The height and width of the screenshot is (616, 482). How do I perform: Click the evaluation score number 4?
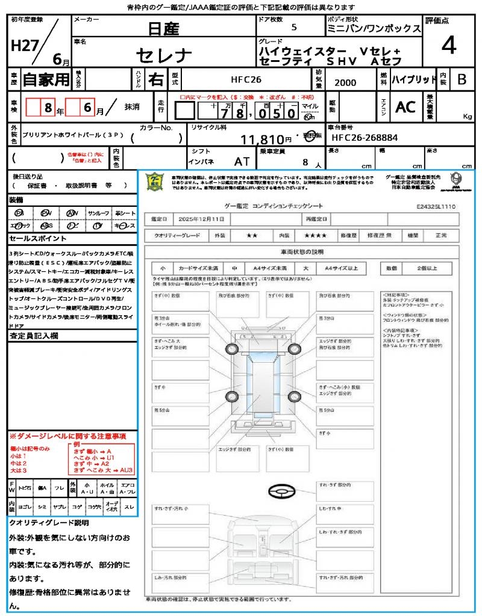[x=448, y=46]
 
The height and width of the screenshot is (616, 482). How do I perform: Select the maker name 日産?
[x=164, y=28]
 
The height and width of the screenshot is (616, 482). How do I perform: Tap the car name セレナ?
[x=164, y=55]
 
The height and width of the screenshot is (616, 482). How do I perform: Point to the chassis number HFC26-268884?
[x=365, y=138]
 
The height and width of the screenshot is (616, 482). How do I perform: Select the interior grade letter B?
[x=462, y=79]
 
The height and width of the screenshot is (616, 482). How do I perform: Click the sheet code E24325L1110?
[x=436, y=206]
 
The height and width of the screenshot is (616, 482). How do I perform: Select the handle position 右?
[x=155, y=79]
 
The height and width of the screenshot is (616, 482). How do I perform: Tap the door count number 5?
[x=293, y=28]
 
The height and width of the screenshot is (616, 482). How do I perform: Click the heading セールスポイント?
[x=33, y=239]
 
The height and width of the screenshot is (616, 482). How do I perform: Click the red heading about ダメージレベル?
[x=67, y=436]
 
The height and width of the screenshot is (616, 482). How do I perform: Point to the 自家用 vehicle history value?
[x=46, y=79]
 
